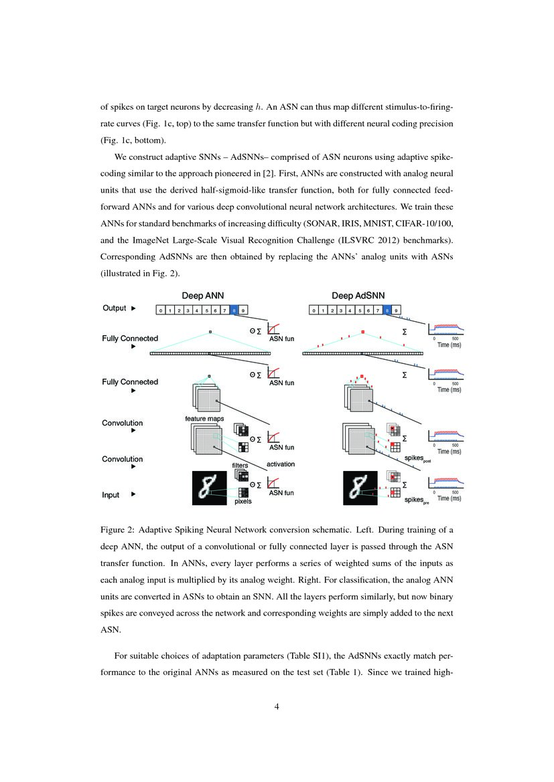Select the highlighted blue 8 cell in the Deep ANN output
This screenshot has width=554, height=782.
click(x=233, y=310)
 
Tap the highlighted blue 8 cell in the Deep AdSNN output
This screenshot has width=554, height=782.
click(x=388, y=310)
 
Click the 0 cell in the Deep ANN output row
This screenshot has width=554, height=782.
click(x=160, y=310)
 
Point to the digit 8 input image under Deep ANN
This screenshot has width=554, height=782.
click(x=210, y=488)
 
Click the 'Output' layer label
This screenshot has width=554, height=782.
click(x=115, y=308)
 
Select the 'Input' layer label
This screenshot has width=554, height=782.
click(x=111, y=495)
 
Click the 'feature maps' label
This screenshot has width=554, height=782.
click(x=204, y=419)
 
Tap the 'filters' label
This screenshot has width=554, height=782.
click(x=240, y=465)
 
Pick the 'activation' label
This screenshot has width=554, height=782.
click(x=281, y=464)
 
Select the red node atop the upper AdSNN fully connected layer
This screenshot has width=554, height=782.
click(x=362, y=331)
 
